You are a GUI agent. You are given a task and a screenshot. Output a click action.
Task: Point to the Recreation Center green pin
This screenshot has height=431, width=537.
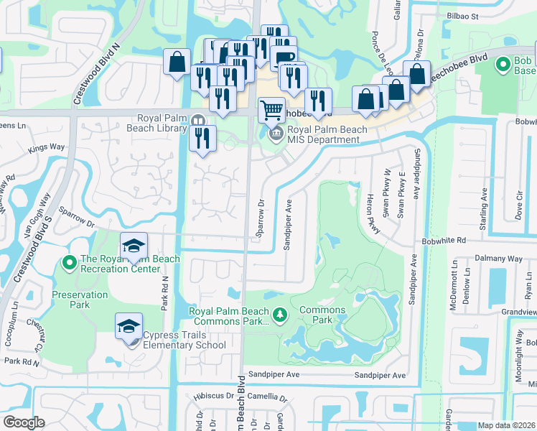[x=70, y=264]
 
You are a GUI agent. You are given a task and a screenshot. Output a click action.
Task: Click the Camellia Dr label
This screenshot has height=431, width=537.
[x=267, y=397]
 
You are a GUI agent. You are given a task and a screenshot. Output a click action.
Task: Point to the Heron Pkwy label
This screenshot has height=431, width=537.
[x=373, y=214]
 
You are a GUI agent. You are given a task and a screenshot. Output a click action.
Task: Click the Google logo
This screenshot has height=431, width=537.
[x=24, y=422]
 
